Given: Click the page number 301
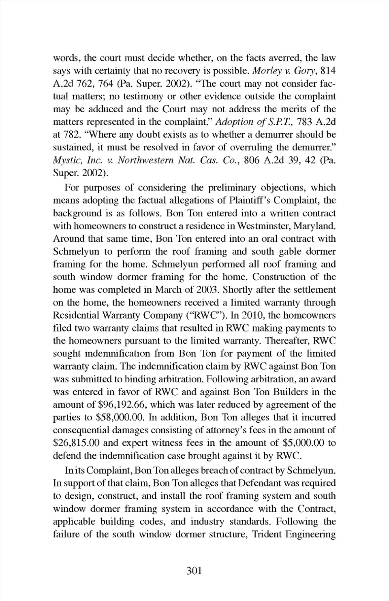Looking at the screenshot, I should [x=194, y=571].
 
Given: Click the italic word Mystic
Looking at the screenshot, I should [x=66, y=160].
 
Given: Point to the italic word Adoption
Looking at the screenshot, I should [x=235, y=122].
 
